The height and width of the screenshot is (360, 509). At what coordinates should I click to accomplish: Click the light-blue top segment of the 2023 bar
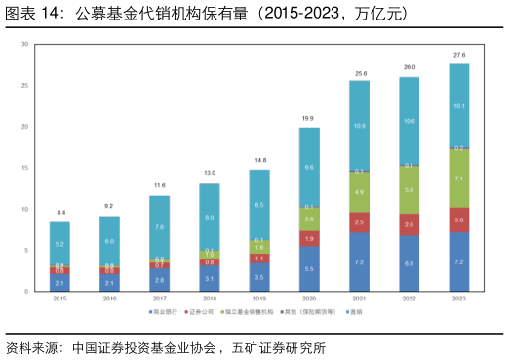[458, 105]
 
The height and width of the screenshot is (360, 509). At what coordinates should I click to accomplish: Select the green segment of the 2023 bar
[458, 180]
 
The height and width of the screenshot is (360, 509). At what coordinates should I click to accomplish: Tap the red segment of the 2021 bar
[359, 223]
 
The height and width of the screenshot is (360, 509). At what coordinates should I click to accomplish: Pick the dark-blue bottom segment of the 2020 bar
[309, 268]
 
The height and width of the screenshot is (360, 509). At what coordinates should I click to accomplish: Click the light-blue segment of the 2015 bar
[59, 243]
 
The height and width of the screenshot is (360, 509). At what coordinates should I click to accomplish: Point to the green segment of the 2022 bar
[409, 190]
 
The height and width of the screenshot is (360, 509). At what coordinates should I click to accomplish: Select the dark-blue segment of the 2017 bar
[159, 280]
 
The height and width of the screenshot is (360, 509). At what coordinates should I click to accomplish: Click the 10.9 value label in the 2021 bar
[359, 126]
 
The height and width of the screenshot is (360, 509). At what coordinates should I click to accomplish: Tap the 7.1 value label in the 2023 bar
[458, 180]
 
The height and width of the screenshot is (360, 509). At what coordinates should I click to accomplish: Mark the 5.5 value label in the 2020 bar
[309, 268]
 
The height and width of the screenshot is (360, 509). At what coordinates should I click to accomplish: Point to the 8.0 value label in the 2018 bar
[210, 218]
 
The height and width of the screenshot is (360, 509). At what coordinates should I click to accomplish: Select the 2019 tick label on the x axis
[259, 299]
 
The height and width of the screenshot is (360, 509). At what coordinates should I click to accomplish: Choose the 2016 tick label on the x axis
[109, 299]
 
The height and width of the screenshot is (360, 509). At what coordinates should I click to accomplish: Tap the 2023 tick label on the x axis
[458, 299]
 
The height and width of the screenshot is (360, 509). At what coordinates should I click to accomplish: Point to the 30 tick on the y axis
[25, 45]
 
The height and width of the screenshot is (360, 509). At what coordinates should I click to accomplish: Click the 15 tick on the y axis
[25, 168]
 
